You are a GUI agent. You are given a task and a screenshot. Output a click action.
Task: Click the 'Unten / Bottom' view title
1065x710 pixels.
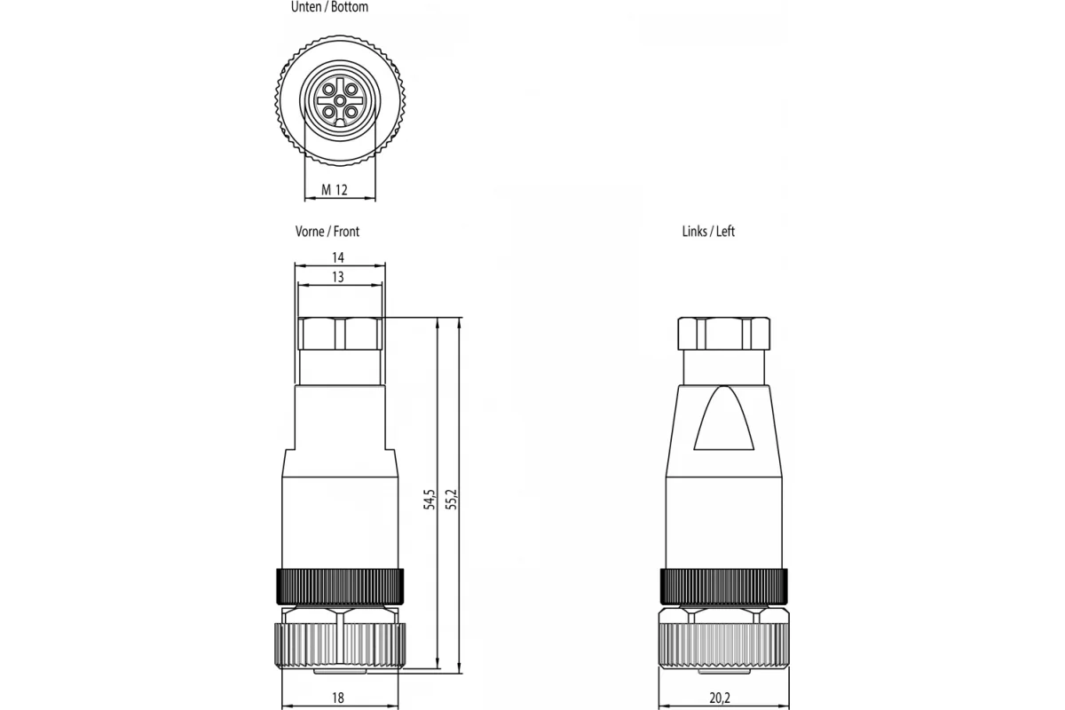329,7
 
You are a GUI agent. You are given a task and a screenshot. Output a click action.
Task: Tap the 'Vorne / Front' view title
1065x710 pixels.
327,232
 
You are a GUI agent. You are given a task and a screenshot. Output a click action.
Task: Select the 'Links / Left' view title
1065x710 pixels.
708,232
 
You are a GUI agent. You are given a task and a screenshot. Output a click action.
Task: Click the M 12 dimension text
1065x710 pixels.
335,190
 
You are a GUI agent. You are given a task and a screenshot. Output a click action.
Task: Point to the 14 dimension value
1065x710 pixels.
338,257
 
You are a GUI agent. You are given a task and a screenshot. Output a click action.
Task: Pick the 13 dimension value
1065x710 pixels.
338,277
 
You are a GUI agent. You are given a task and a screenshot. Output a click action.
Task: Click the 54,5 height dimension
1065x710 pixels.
430,500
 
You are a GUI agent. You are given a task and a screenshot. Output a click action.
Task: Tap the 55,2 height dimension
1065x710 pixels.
452,500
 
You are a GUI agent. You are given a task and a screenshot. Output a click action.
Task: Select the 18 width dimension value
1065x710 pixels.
338,698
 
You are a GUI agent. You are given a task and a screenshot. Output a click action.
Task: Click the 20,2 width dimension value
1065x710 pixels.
720,698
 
